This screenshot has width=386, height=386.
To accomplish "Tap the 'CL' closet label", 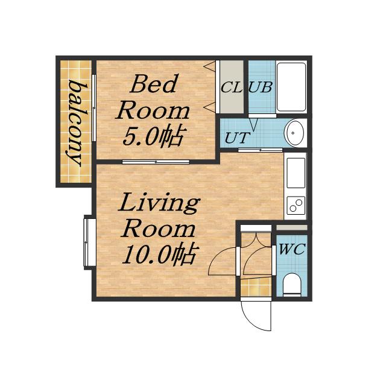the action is click(231, 87).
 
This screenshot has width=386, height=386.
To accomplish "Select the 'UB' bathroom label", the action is click(261, 87).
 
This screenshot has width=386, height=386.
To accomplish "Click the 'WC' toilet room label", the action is click(292, 249).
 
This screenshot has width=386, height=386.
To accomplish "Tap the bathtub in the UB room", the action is click(291, 87).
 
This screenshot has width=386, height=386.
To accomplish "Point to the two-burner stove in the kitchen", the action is click(296, 205).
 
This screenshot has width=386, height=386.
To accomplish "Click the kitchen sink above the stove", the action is click(296, 173).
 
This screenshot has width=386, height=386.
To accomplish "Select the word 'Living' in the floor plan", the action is click(159, 203).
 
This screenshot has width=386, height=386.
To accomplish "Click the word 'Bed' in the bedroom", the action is click(154, 84).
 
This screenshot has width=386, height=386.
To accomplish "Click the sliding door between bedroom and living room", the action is click(156, 162).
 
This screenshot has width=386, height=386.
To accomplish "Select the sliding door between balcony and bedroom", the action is click(94, 107).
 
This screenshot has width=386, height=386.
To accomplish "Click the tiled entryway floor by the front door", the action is click(256, 287).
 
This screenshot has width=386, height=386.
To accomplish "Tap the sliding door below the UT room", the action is click(260, 150).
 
